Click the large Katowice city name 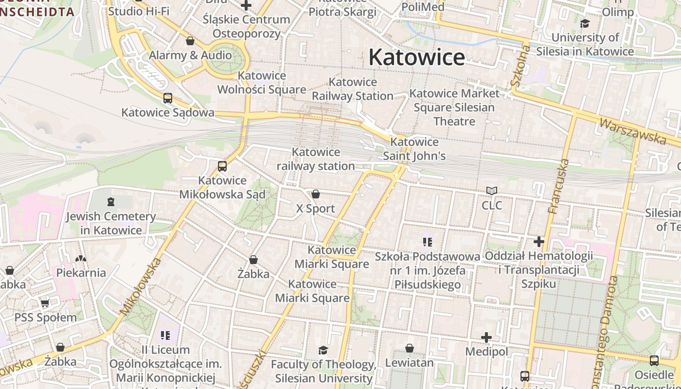click(x=416, y=57)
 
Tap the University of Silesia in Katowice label click(x=592, y=44)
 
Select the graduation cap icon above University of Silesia click(x=585, y=23)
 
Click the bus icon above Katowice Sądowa click(x=168, y=98)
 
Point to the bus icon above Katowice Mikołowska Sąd click(x=222, y=166)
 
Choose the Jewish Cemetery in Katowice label click(x=111, y=223)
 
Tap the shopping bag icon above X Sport click(x=316, y=194)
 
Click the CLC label click(x=492, y=205)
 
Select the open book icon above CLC click(x=492, y=191)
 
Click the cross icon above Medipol click(x=486, y=337)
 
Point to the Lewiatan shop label click(x=409, y=363)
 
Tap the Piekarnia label click(x=81, y=272)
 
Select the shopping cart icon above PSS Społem click(x=45, y=303)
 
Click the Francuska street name click(x=558, y=186)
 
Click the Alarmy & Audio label click(x=190, y=55)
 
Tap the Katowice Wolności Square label click(x=262, y=83)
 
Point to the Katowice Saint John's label click(x=414, y=149)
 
